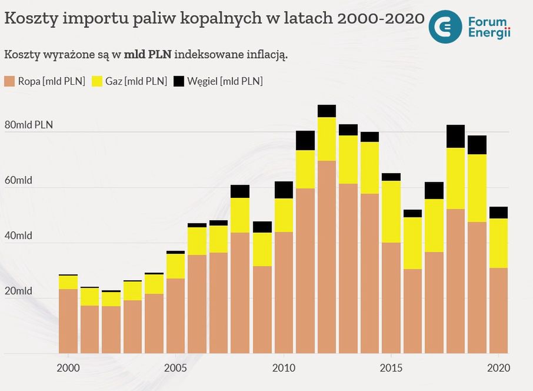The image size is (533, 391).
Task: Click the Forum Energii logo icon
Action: (x=446, y=26)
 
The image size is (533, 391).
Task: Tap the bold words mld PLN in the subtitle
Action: (x=148, y=55)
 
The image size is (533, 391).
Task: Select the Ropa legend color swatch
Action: (x=9, y=81)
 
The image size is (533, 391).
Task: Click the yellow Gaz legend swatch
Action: (x=97, y=81)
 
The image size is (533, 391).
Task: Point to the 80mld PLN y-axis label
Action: (x=29, y=125)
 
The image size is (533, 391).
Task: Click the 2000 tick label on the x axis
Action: (x=68, y=367)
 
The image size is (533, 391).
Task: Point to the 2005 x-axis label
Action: (x=176, y=367)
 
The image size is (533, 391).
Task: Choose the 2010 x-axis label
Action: (x=284, y=367)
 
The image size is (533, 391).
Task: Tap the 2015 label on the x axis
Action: (x=391, y=367)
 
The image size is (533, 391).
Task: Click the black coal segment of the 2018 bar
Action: (x=455, y=137)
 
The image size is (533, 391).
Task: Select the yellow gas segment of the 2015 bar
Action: (x=391, y=212)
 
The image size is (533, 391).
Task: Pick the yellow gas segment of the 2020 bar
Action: (x=498, y=243)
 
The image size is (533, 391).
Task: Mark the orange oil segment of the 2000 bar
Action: (x=68, y=321)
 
